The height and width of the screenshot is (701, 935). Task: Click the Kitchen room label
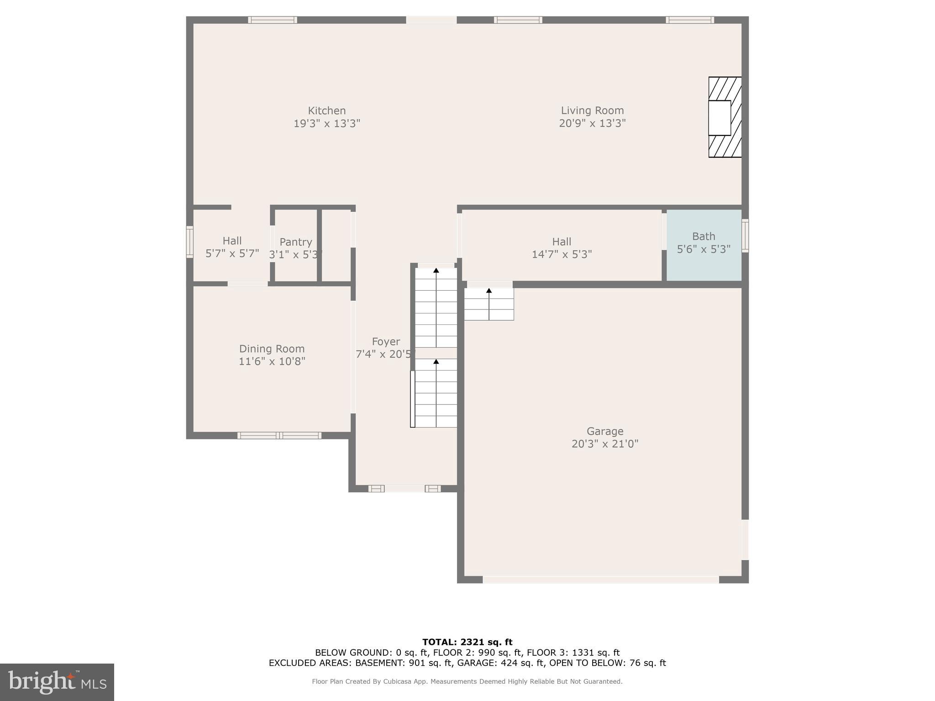pos(326,111)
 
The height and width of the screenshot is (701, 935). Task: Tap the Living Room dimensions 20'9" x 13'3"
pos(592,123)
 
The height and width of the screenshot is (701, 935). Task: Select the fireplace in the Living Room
pos(724,117)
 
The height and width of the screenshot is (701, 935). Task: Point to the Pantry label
pos(296,242)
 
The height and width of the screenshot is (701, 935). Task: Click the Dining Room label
pos(272,349)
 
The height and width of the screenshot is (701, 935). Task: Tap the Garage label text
pos(604,431)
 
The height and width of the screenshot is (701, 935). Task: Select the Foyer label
pos(386,342)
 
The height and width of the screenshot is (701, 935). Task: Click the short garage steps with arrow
pos(489,304)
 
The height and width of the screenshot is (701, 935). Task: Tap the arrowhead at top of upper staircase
pos(436,271)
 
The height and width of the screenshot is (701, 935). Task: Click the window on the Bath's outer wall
pos(745,235)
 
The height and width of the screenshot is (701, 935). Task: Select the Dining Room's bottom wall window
pos(279,435)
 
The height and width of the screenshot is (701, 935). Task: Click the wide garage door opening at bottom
pos(600,580)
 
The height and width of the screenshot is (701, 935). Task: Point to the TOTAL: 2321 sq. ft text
pos(467,642)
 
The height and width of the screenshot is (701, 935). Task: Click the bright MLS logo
pos(57,682)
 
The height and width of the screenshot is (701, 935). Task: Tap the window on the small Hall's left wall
pos(189,242)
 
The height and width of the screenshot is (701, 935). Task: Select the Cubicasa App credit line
pos(467,681)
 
